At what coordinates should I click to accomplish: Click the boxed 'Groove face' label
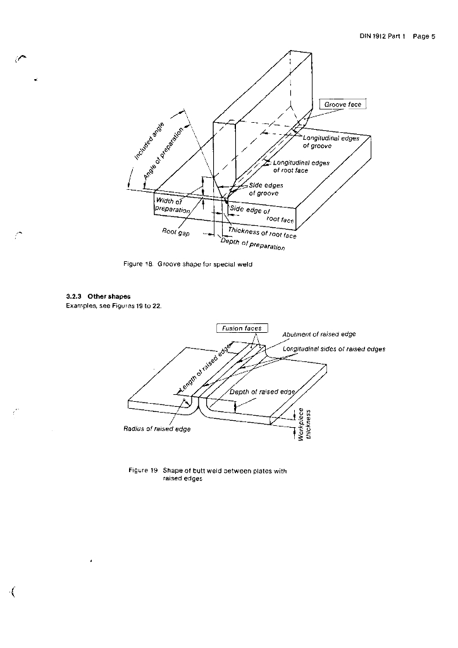click(343, 104)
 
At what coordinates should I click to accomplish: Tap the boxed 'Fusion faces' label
click(242, 328)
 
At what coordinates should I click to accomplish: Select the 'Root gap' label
click(176, 232)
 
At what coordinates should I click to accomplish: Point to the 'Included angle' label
click(149, 141)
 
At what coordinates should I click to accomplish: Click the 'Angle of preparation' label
click(163, 154)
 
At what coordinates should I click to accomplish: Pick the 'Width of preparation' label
click(173, 206)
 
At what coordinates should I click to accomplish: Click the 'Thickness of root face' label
click(263, 233)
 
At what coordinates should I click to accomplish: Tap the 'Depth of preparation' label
click(253, 244)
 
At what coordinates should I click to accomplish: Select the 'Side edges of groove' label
click(266, 189)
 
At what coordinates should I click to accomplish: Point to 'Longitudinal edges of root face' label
click(301, 166)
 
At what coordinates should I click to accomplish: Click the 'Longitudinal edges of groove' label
click(331, 142)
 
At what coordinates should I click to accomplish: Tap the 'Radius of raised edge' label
click(157, 429)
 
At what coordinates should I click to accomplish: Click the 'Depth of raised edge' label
click(263, 392)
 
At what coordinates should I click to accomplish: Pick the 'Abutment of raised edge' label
click(319, 334)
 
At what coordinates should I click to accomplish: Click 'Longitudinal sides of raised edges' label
click(333, 349)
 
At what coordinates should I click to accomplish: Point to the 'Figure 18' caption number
click(139, 264)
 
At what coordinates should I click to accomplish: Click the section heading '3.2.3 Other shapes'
click(98, 296)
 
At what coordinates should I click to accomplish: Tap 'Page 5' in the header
click(424, 36)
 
